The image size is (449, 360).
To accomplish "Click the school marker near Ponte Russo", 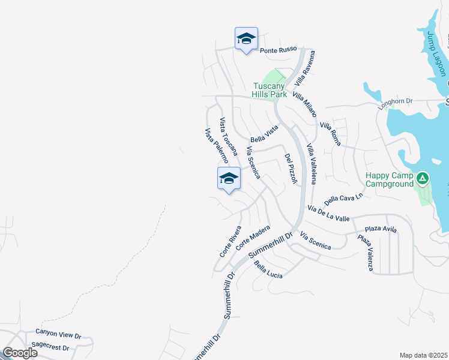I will click(246, 40).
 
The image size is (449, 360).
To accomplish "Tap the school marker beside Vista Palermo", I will click(229, 179).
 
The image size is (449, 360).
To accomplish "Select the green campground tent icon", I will click(423, 178).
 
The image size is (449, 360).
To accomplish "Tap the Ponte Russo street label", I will click(279, 50).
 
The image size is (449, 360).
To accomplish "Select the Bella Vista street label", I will click(265, 134).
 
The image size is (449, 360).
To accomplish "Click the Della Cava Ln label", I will click(344, 199).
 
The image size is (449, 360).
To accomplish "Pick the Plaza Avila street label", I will click(382, 229).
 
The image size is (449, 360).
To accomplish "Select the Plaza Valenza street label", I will click(366, 252).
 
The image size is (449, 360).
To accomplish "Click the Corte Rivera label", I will click(231, 241).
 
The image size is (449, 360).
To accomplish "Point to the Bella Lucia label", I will click(268, 269).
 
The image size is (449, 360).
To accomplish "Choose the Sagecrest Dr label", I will click(50, 347).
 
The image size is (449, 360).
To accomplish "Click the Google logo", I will click(20, 352).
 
